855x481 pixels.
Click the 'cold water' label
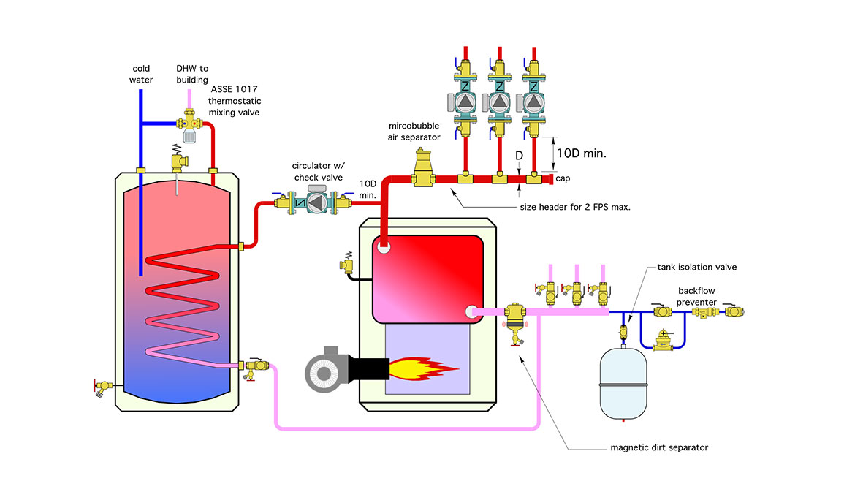(141, 74)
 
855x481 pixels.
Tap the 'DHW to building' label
(193, 74)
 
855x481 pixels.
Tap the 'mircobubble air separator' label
(414, 132)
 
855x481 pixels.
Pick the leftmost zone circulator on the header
(463, 102)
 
